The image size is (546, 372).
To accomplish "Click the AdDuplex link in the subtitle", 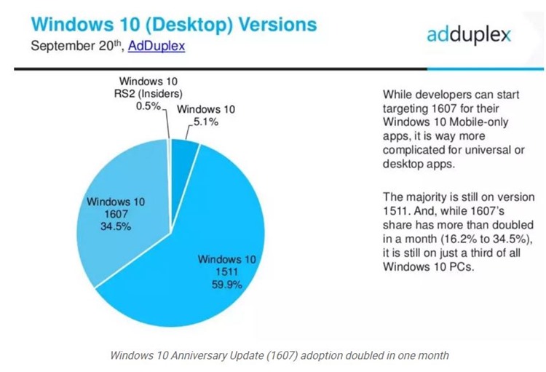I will click(157, 46).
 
